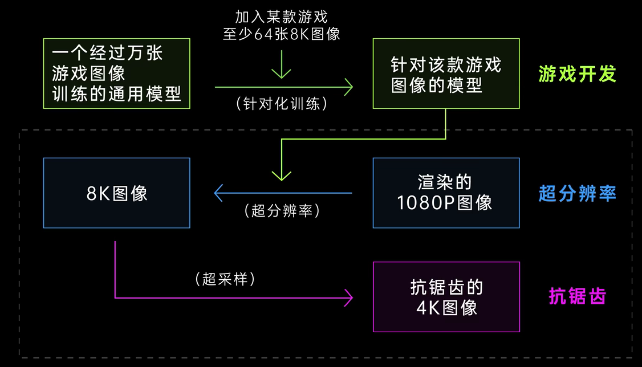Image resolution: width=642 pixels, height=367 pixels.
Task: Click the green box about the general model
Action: tap(116, 74)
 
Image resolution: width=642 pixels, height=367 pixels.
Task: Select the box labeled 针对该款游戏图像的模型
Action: tap(446, 74)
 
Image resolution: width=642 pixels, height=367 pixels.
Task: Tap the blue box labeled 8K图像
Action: tap(116, 193)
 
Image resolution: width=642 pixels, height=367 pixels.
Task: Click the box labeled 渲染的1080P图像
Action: tap(446, 193)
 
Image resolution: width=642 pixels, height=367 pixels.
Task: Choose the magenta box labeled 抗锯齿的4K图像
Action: tap(446, 297)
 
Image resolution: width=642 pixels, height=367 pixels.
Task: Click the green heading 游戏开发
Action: tap(577, 74)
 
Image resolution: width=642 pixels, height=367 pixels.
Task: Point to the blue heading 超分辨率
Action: tap(577, 194)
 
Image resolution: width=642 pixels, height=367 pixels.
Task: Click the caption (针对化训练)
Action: tap(281, 104)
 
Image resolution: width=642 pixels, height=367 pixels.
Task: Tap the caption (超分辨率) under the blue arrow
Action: tap(281, 210)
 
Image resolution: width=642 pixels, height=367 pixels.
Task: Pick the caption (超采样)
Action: tap(224, 279)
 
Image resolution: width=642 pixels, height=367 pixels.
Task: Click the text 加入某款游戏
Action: tap(281, 16)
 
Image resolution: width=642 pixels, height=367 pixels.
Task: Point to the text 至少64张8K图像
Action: tap(281, 34)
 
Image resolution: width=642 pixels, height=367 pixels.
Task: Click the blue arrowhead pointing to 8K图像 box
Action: tap(218, 193)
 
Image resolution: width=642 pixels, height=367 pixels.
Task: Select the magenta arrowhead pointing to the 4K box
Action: tap(348, 297)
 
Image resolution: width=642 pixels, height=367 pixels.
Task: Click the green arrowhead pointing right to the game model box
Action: tap(348, 87)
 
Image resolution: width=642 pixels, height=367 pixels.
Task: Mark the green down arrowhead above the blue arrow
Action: tap(281, 174)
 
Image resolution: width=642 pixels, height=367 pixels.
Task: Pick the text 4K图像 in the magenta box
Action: tap(446, 308)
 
